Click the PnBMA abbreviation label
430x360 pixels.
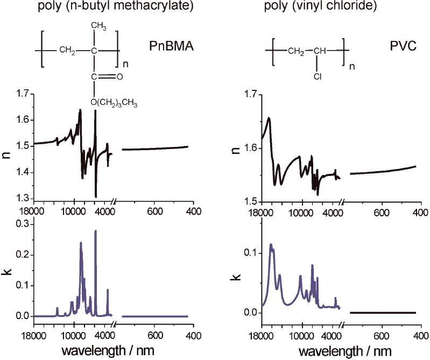[x=171, y=46]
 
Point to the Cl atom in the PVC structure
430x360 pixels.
[x=318, y=76]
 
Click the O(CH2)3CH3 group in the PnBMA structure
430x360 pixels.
[x=115, y=102]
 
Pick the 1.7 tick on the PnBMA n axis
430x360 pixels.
[x=21, y=94]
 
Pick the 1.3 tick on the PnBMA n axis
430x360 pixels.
[x=21, y=199]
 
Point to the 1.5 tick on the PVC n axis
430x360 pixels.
[x=248, y=201]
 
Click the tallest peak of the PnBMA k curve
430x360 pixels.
[x=96, y=231]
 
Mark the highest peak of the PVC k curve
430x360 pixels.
[x=271, y=244]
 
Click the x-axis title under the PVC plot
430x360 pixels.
[x=342, y=351]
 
